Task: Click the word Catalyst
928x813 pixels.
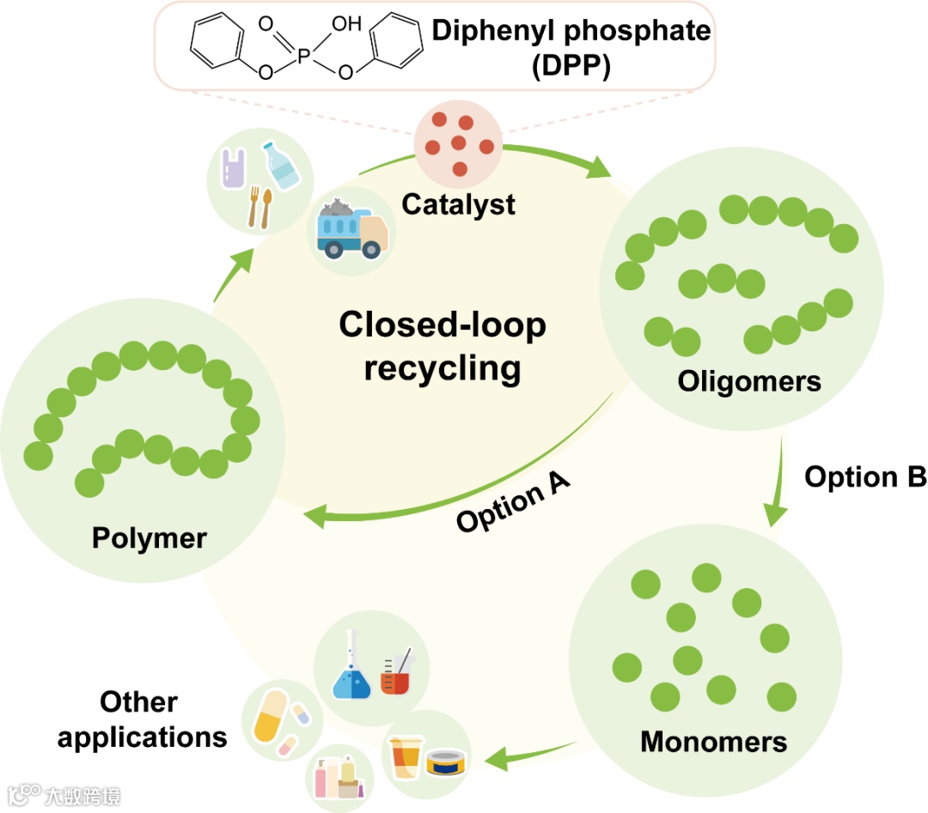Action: click(x=459, y=204)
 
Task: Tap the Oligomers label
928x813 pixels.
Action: click(x=749, y=380)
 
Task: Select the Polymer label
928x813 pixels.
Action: click(x=150, y=538)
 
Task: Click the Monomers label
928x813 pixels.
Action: click(x=713, y=740)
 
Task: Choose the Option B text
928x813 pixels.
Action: click(x=864, y=476)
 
